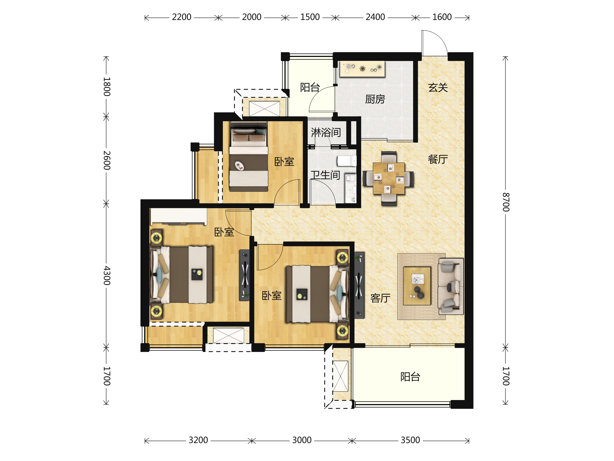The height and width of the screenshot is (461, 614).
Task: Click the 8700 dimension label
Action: (x=506, y=202)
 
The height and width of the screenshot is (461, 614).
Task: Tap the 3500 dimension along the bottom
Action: (x=410, y=440)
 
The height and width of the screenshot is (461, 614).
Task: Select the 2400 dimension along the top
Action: (x=375, y=17)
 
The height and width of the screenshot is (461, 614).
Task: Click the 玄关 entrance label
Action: (x=438, y=88)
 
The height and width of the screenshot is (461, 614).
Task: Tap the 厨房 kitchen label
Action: (x=375, y=99)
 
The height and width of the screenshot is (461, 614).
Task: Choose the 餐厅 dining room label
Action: (x=438, y=159)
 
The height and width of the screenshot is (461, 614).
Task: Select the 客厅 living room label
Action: (x=380, y=298)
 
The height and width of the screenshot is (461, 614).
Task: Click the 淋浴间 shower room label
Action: (x=326, y=132)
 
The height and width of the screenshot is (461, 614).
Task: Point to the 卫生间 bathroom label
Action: (x=325, y=175)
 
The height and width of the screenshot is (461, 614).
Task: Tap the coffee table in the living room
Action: (x=417, y=286)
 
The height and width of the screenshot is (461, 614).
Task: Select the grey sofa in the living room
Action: (x=451, y=286)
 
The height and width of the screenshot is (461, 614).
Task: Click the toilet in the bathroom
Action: (x=347, y=161)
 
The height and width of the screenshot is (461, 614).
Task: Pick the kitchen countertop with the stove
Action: (x=362, y=69)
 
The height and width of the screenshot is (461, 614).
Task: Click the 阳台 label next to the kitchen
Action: (x=310, y=87)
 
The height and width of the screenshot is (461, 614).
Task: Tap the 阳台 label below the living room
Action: (x=410, y=377)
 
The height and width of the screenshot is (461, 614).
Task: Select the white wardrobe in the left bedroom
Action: (x=179, y=216)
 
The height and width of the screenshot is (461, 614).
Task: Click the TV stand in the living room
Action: (x=359, y=285)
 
